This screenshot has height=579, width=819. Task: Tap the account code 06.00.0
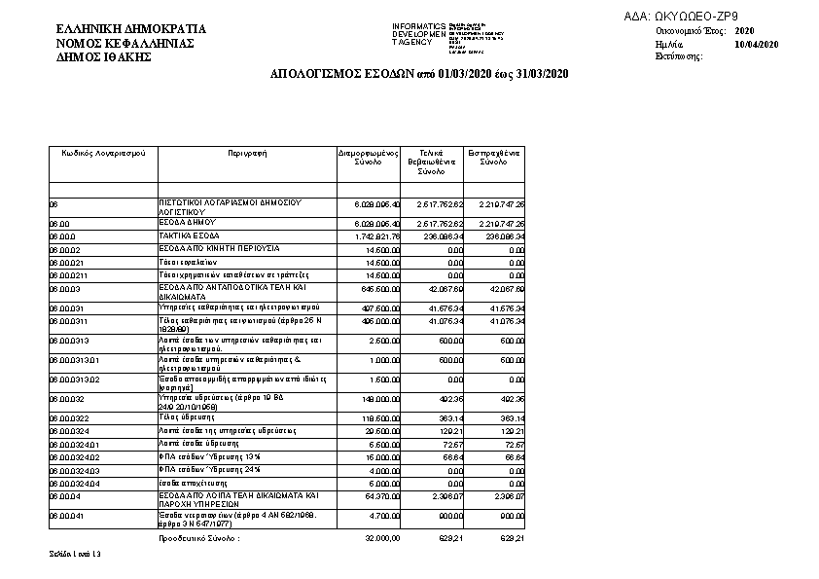[62, 235]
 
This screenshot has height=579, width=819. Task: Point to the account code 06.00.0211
[67, 275]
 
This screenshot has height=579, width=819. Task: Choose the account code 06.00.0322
[67, 416]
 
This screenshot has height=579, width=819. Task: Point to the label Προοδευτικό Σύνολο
[198, 537]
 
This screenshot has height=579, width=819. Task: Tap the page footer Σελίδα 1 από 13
[75, 554]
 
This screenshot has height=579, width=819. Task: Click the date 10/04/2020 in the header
[757, 45]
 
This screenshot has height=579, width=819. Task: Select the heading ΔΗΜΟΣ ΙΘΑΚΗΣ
[105, 57]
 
